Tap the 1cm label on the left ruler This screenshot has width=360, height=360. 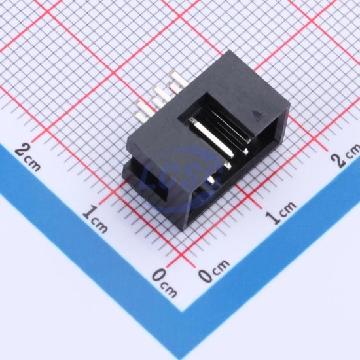coord(96,218)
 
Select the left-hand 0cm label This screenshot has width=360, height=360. coord(164,282)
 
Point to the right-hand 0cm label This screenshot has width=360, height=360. coord(213,270)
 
